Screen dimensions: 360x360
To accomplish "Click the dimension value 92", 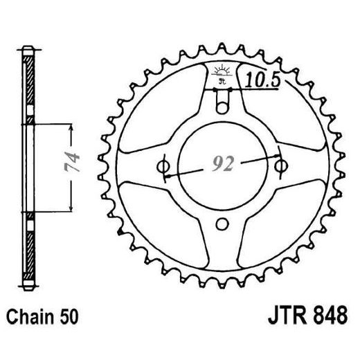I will point(222,165).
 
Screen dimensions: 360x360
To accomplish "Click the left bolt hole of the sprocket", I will point(164,167).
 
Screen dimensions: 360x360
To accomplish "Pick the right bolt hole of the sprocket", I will point(280,167).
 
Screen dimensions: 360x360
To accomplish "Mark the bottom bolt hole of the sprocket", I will point(222,224).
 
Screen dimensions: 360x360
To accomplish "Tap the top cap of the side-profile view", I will point(27,50).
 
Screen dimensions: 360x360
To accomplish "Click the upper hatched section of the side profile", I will point(28,90).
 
